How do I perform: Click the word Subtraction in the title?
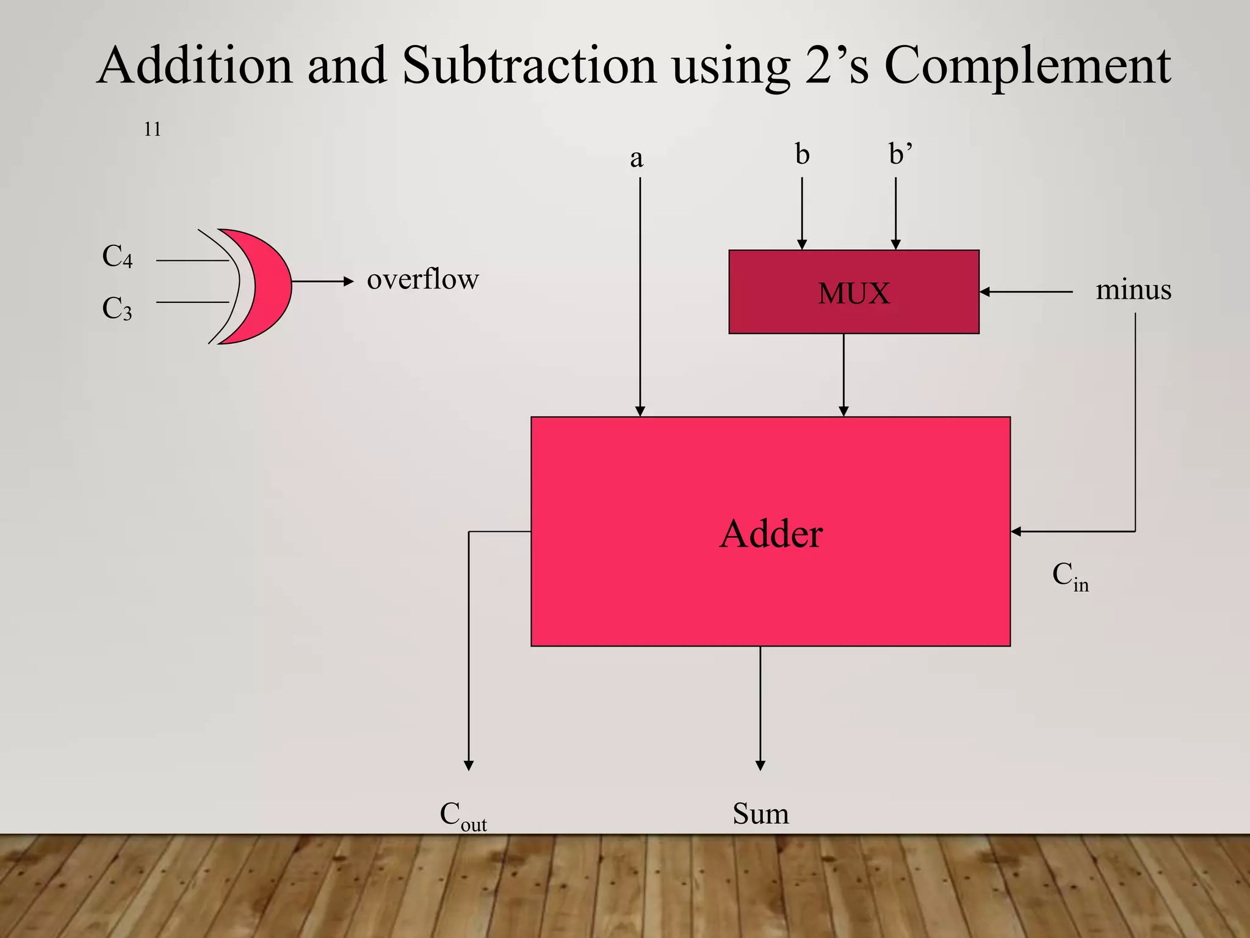tap(529, 66)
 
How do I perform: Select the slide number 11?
tap(153, 129)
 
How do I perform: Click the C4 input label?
tap(117, 256)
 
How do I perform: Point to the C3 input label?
tap(117, 308)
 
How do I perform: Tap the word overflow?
tap(423, 280)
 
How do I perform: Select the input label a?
tap(637, 159)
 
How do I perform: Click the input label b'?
tap(900, 155)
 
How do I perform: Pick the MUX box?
tap(854, 292)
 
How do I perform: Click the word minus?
tap(1133, 289)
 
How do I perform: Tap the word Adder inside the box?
tap(771, 534)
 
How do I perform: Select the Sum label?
tap(760, 814)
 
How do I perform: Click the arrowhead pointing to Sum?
tap(760, 766)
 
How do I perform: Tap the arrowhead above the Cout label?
tap(469, 766)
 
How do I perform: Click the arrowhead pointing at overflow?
tap(349, 282)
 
